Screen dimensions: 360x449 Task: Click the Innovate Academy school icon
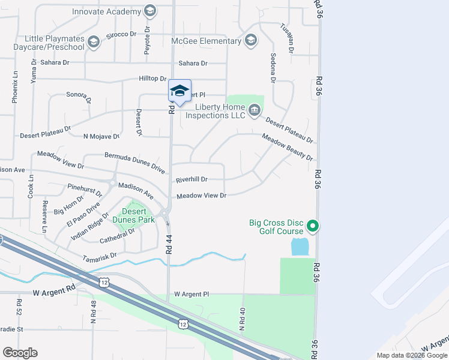coord(149,11)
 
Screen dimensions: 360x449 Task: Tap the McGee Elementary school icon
coord(251,40)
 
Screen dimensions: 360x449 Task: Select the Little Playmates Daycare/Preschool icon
coord(92,41)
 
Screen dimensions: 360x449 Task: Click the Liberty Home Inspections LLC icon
coord(255,109)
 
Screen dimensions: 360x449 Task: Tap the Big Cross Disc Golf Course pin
coord(312,226)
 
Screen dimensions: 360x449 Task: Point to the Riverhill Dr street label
coord(191,179)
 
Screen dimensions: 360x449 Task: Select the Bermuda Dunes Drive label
coord(134,163)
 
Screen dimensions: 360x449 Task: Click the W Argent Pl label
coord(191,295)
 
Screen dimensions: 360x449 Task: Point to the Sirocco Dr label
coord(118,35)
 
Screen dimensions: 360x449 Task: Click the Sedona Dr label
coord(273,67)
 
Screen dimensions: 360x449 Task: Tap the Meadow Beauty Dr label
coord(287,147)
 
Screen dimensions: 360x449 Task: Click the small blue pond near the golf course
coord(299,246)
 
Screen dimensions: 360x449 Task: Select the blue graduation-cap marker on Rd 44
coord(179,91)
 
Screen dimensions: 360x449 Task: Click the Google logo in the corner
coord(20,352)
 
